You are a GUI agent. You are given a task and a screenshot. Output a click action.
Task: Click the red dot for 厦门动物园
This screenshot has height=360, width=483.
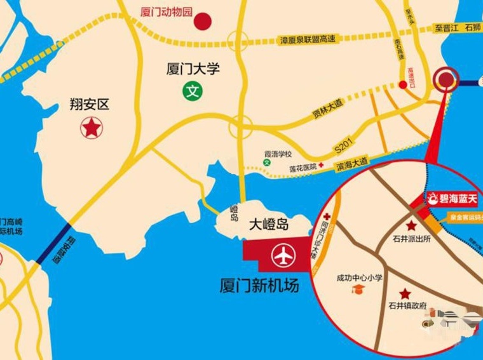203,22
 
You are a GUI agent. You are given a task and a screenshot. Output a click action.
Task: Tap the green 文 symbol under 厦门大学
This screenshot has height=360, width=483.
192,91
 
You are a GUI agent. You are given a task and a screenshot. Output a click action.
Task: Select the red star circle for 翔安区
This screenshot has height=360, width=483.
91,128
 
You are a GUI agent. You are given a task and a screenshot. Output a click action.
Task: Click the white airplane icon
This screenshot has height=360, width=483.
283,257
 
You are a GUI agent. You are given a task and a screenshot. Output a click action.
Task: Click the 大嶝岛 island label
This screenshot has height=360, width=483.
269,224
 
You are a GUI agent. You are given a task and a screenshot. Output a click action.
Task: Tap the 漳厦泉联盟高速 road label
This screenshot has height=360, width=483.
308,39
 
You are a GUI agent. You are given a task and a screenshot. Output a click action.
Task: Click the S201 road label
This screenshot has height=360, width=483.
343,150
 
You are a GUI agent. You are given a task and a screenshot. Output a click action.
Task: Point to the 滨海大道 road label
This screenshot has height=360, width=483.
352,163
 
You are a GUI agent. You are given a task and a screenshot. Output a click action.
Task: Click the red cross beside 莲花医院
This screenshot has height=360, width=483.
322,165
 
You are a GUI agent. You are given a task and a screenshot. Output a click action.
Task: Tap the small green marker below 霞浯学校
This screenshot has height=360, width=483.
267,163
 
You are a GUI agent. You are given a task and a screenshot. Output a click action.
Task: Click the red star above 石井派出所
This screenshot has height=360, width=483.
412,225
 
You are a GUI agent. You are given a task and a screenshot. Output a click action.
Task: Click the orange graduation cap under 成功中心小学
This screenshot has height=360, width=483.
360,290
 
